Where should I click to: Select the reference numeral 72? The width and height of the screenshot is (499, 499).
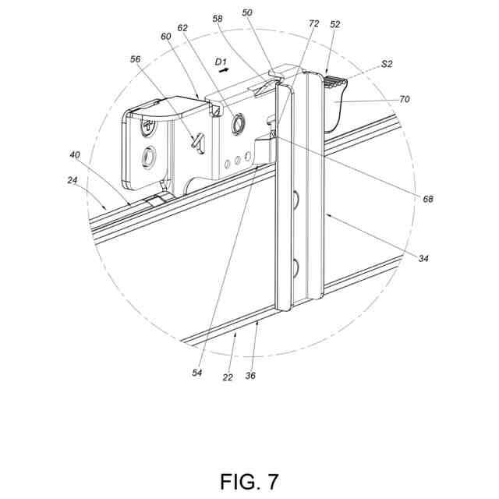(313, 24)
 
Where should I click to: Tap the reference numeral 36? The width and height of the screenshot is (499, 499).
(250, 375)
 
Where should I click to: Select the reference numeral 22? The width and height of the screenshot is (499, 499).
(228, 376)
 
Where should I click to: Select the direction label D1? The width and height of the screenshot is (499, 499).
(221, 58)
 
